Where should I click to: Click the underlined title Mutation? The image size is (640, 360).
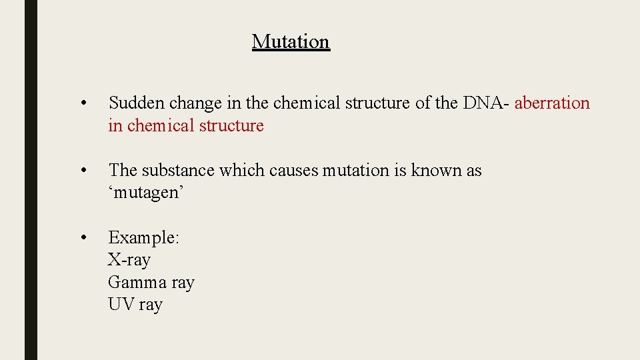coord(291,41)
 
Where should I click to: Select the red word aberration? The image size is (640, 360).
coord(552,103)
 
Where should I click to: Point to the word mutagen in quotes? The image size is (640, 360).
coord(146,193)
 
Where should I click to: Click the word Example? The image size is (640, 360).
coord(143,237)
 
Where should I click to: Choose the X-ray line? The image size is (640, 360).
coord(129,260)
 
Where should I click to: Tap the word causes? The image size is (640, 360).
coord(294,171)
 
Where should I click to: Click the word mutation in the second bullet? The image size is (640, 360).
coord(356,171)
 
